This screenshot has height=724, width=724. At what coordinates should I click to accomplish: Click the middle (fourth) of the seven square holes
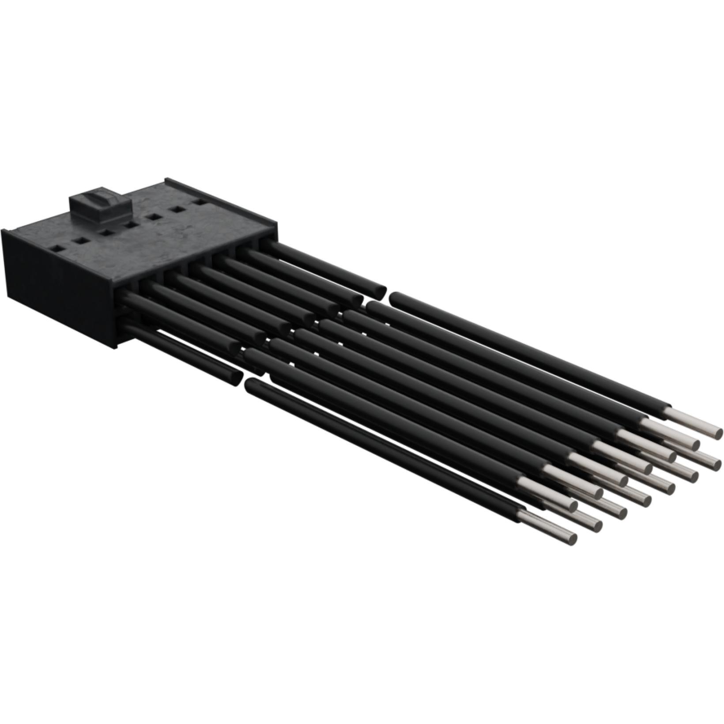(x=131, y=225)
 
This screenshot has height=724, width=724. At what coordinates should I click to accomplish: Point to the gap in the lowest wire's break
(x=244, y=381)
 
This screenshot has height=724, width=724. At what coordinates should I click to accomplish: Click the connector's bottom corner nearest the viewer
(x=118, y=349)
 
